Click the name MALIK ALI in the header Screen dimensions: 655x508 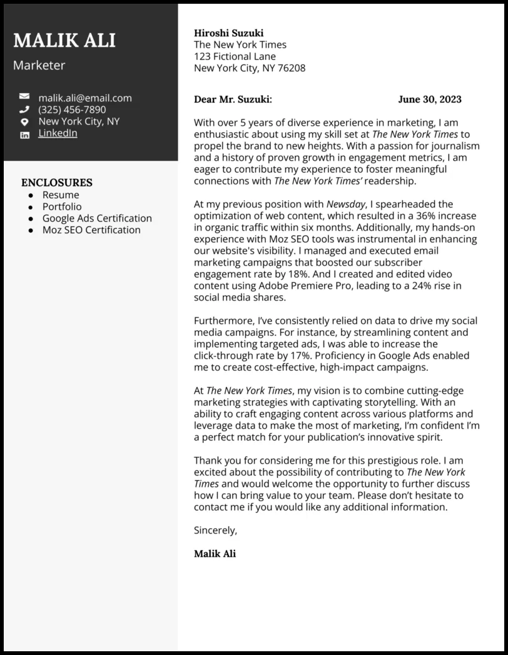[64, 41]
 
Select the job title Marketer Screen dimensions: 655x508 [39, 65]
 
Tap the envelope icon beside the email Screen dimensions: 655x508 [24, 97]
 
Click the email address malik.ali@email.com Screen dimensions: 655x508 [84, 98]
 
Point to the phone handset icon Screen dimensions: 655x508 [24, 109]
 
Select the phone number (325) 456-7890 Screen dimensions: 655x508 [72, 109]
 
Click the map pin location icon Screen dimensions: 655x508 [24, 121]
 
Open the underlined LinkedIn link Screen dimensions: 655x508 [58, 133]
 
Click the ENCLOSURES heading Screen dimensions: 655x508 [56, 183]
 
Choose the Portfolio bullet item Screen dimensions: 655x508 [61, 206]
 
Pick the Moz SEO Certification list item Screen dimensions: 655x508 [91, 230]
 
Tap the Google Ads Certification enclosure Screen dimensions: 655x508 [97, 218]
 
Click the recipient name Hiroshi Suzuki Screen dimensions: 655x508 [228, 33]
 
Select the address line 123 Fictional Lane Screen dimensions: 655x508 [235, 56]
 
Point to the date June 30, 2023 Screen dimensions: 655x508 [429, 99]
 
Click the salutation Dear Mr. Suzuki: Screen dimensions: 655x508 [233, 99]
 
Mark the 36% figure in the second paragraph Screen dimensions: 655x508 [418, 216]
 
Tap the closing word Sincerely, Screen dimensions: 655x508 [215, 531]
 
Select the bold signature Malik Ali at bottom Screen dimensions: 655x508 [215, 554]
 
